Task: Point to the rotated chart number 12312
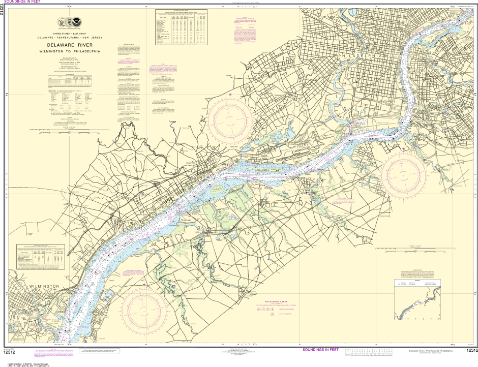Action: coord(2,10)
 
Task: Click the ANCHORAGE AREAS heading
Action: coord(273,301)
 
